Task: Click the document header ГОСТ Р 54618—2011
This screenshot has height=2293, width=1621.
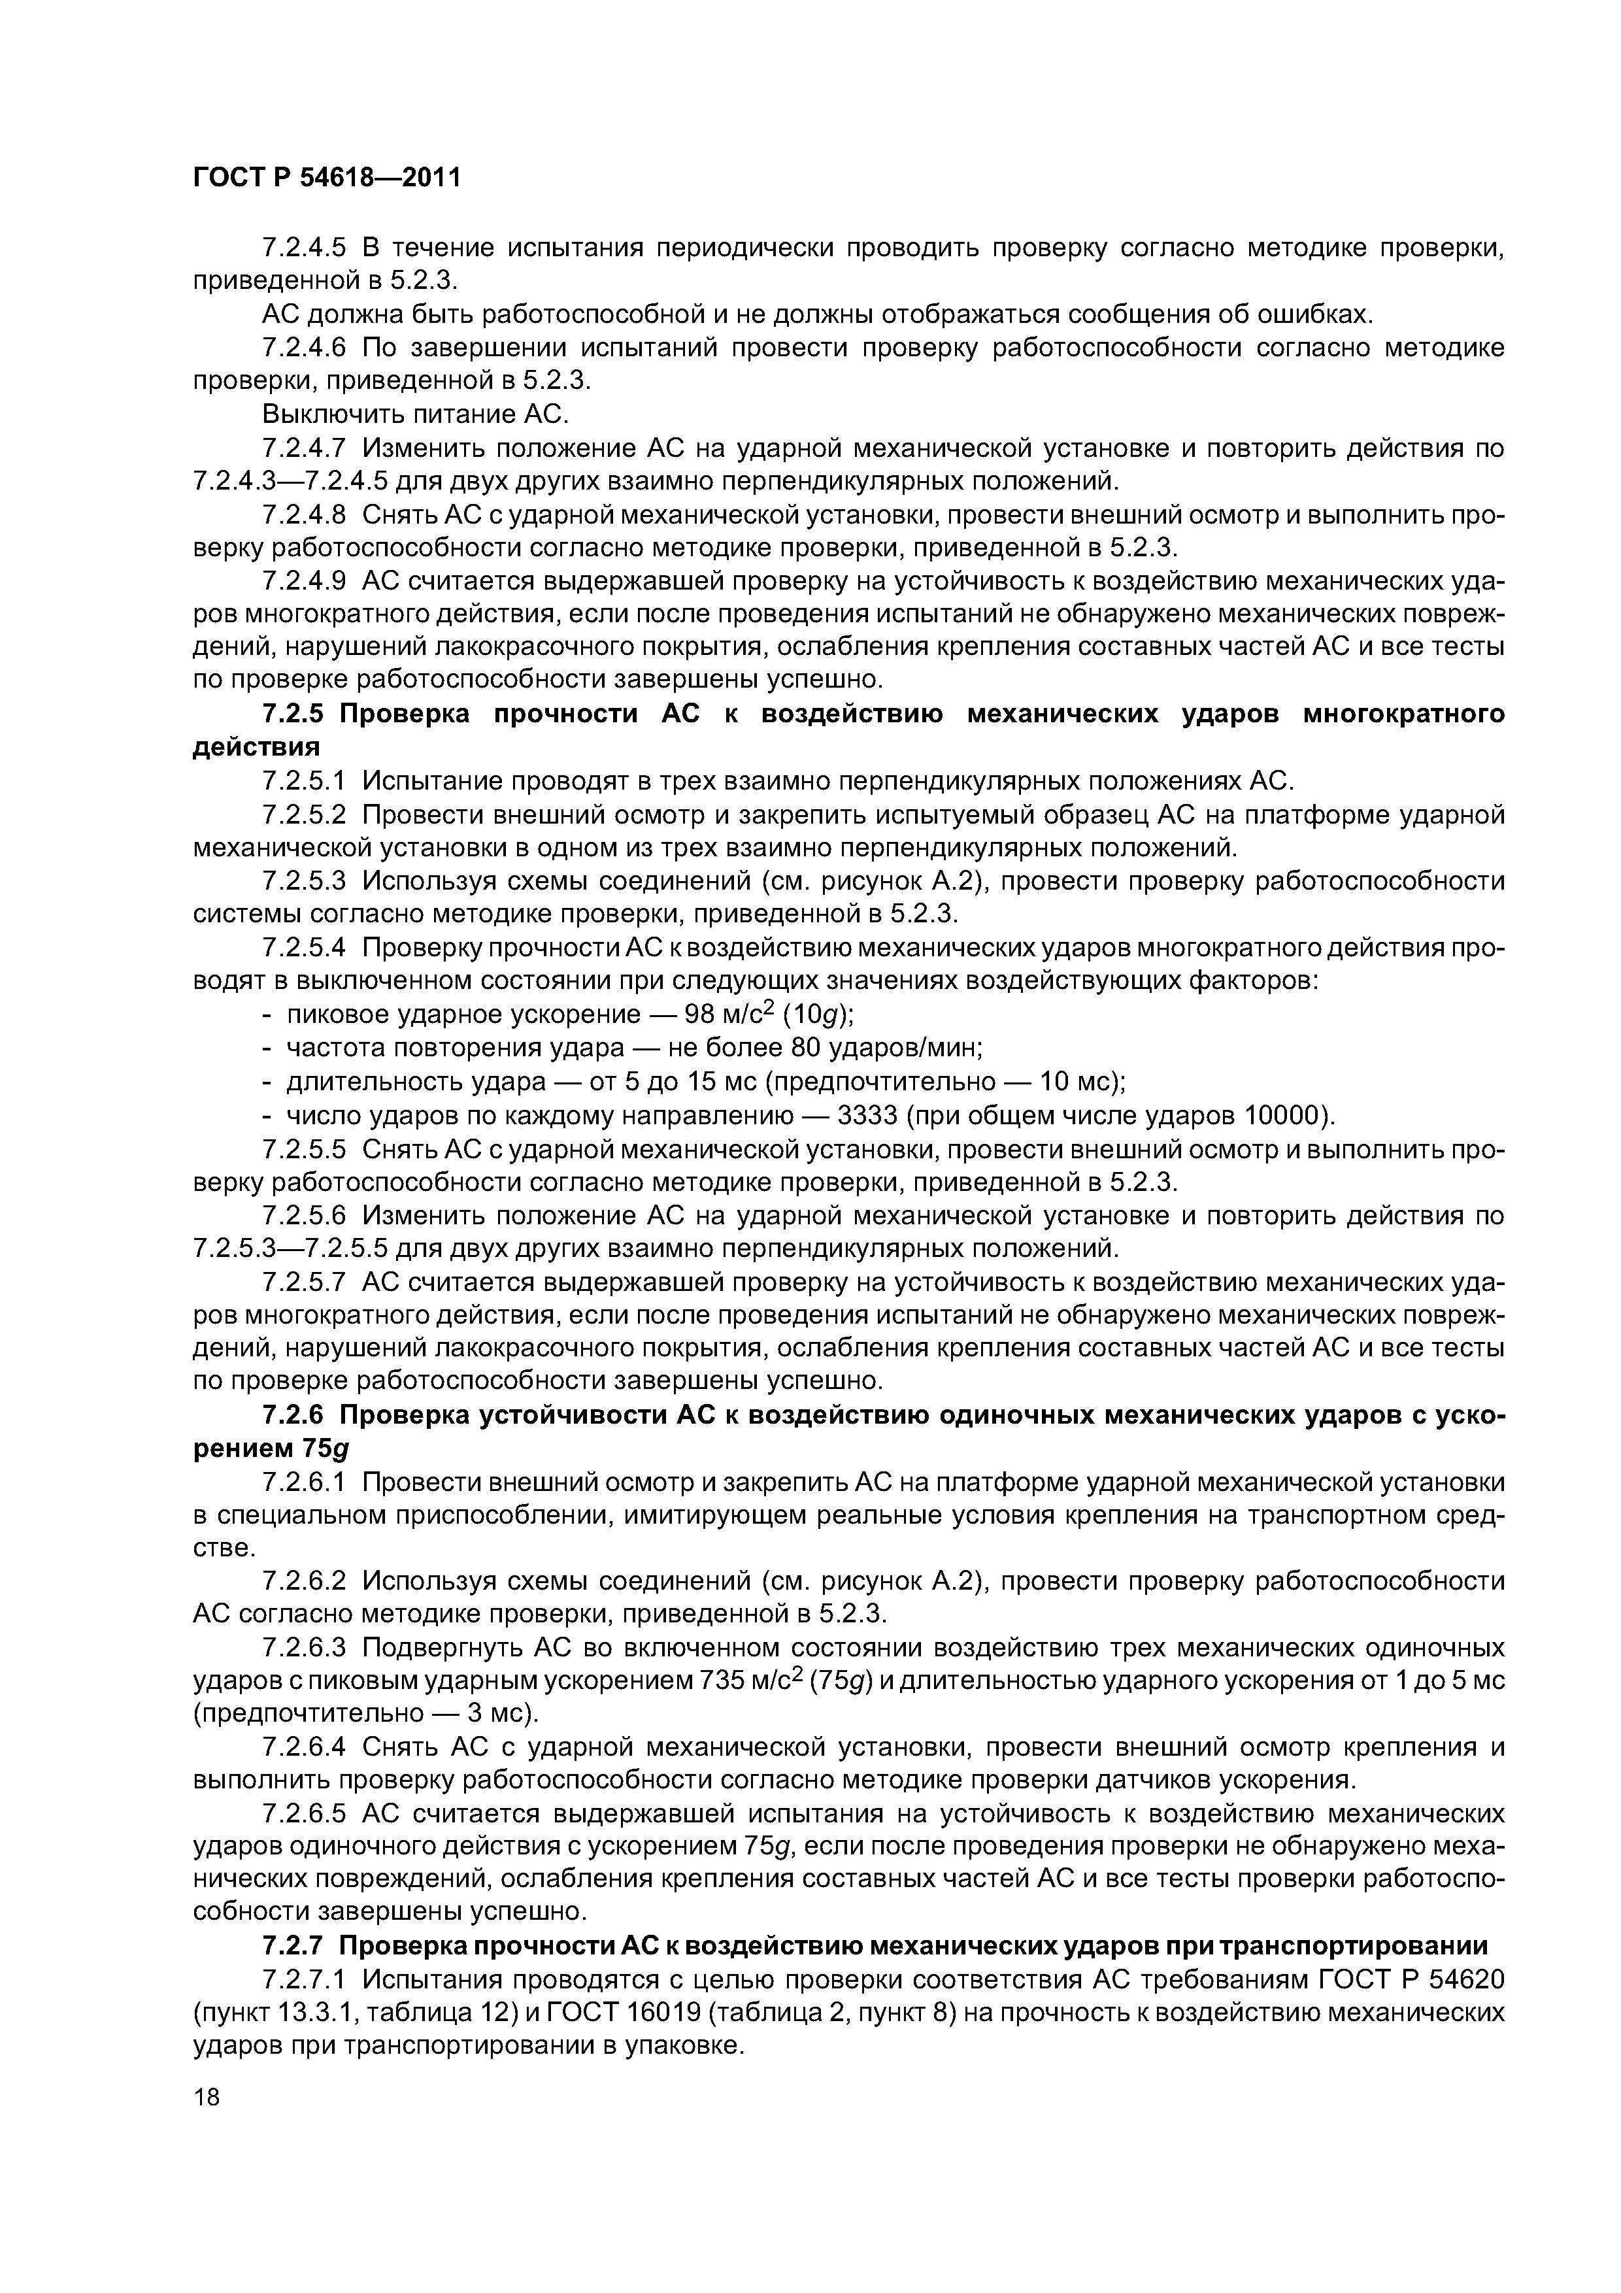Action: click(x=327, y=178)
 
